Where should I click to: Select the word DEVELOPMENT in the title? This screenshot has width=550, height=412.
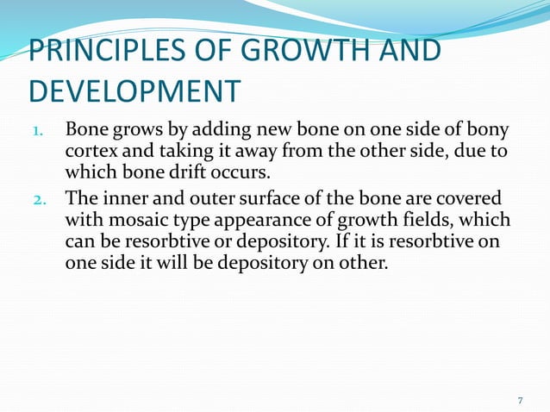[x=133, y=90]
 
